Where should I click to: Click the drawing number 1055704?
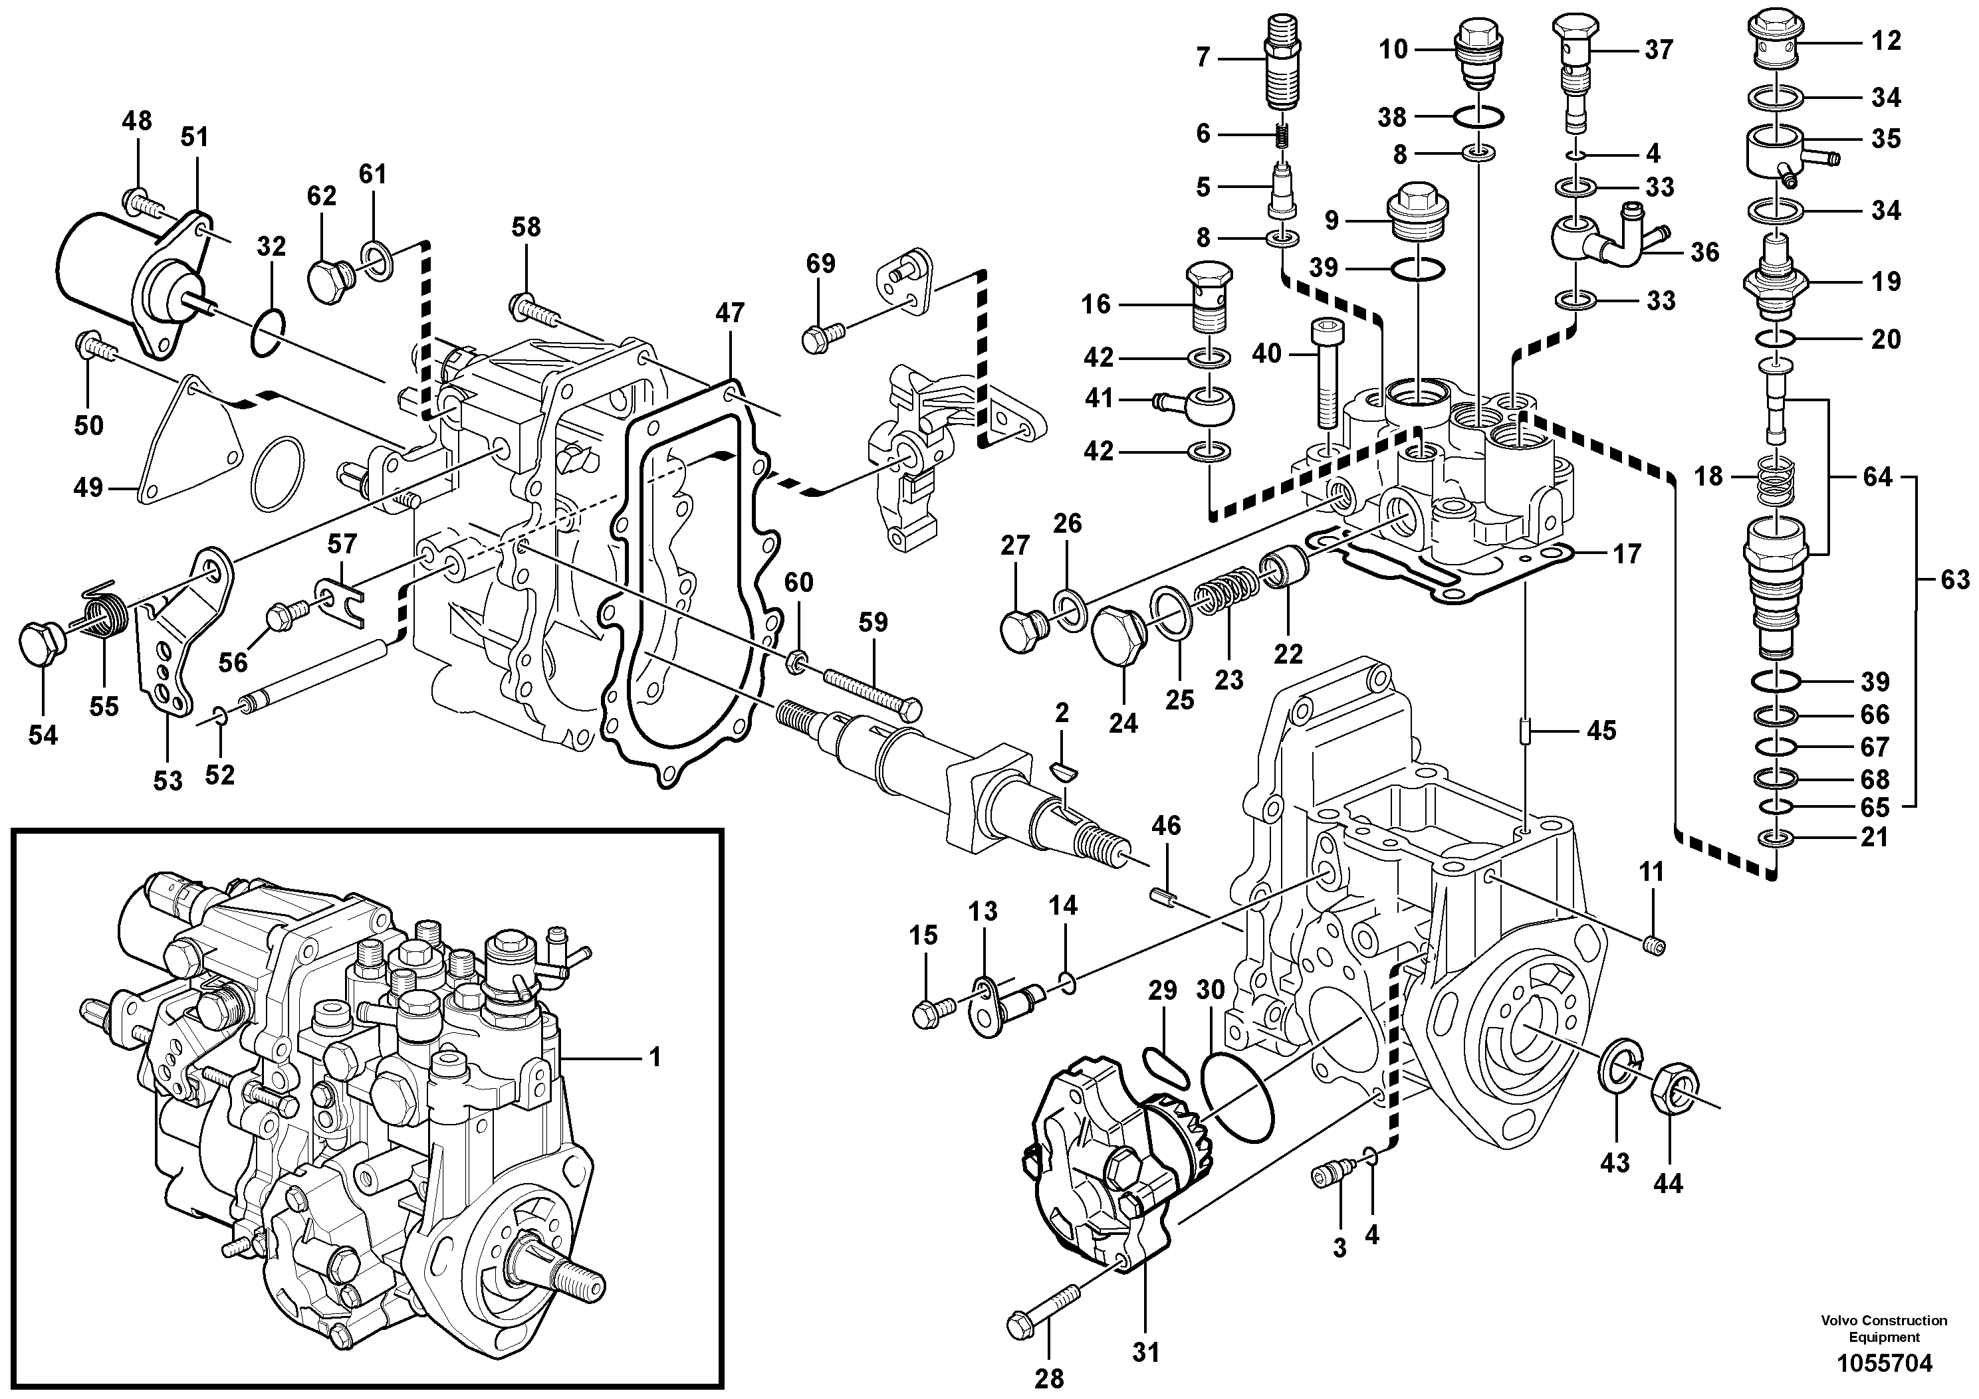(1883, 1363)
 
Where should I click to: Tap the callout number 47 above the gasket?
(729, 313)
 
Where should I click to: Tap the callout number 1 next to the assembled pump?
(655, 1057)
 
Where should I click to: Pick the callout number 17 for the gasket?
(1627, 554)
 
